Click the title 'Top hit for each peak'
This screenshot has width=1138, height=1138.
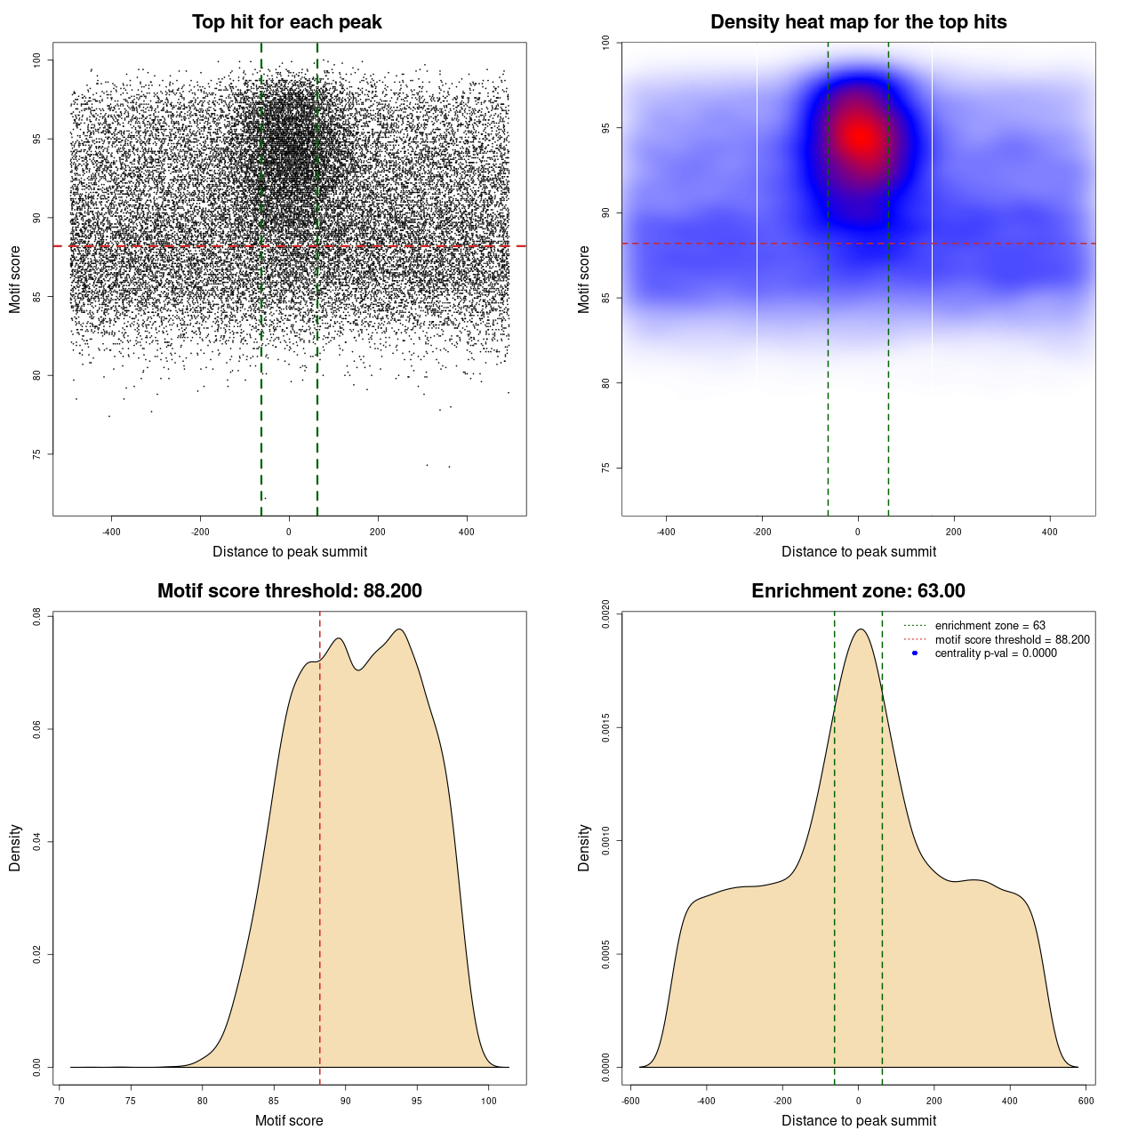coord(287,22)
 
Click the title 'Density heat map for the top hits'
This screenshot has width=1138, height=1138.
coord(858,22)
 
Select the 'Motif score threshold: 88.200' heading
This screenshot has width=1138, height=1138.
coord(289,591)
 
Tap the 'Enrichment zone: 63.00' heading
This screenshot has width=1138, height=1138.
coord(858,591)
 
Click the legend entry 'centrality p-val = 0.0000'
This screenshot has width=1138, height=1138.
coord(996,653)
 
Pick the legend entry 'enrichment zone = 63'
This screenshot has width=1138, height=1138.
coord(990,626)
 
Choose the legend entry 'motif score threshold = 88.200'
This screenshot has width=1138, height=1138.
coord(1012,640)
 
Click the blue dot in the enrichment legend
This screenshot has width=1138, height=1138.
coord(915,653)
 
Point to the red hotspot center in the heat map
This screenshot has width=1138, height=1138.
coord(860,136)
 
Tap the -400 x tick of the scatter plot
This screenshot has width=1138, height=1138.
coord(111,532)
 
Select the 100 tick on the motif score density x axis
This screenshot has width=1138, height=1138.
coord(488,1101)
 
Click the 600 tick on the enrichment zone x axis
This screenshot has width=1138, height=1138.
coord(1086,1101)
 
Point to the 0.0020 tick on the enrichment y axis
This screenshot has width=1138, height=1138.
coord(605,614)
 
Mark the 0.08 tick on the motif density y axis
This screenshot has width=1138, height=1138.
coord(36,616)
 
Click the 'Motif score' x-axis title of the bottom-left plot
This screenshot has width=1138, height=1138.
coord(289,1120)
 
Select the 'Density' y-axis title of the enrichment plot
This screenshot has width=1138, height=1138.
coord(584,847)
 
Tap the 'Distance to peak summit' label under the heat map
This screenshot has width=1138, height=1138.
coord(858,551)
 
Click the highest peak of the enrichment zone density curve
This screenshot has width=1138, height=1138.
coord(861,629)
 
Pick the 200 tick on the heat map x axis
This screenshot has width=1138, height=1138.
coord(953,532)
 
